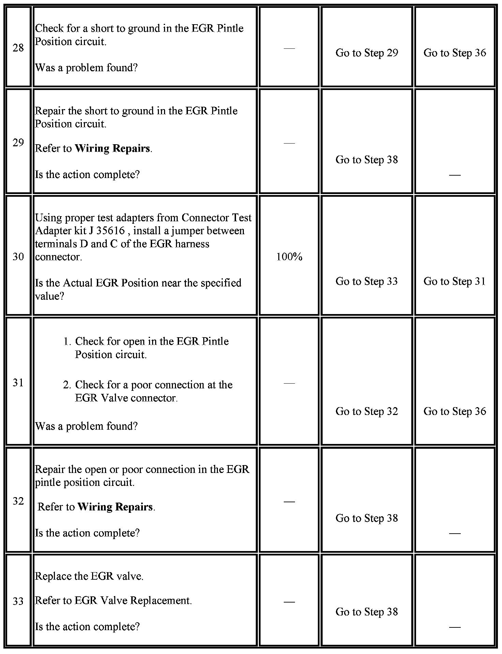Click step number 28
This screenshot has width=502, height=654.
pos(18,48)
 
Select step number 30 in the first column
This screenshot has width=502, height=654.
pos(18,256)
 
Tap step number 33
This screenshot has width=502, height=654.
pos(18,601)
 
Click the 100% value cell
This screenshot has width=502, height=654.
pos(289,257)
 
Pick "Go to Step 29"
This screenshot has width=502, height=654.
pos(367,53)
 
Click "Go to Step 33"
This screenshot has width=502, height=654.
pos(367,281)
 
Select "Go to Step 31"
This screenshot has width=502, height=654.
pos(455,281)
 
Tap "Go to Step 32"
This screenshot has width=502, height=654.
pos(367,411)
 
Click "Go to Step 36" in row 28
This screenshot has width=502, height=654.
pos(455,53)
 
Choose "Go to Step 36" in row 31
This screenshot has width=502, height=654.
pos(455,411)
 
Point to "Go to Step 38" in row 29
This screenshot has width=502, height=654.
pos(367,160)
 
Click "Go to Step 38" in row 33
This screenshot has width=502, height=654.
pos(367,612)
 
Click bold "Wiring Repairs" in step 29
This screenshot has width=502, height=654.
pos(112,148)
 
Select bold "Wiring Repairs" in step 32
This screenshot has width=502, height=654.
pos(115,507)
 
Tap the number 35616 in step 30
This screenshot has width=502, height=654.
pos(110,231)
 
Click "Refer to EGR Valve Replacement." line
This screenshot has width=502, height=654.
pos(113,600)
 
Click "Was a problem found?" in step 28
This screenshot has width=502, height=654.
pos(86,68)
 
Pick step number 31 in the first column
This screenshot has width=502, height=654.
pos(18,383)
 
